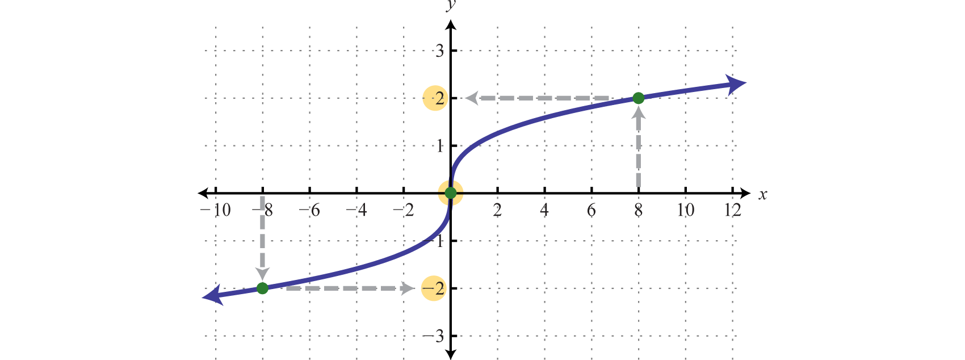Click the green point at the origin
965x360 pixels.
(451, 193)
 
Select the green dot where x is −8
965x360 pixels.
(262, 288)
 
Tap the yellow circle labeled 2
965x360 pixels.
(435, 99)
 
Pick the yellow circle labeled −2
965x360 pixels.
(434, 288)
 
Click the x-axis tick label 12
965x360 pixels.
(732, 211)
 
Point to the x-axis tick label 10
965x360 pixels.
(685, 211)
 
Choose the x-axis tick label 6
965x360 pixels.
(591, 211)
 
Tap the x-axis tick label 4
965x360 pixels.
(544, 211)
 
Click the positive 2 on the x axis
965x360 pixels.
(497, 211)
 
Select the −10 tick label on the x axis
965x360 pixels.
(217, 211)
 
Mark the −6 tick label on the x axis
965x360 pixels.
(309, 211)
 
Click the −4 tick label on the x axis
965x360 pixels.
(356, 211)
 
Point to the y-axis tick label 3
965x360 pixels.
(439, 51)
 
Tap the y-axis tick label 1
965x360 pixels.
(439, 146)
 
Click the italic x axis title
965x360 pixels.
(762, 195)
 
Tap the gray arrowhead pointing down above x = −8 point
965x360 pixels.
(262, 274)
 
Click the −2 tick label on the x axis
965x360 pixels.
(404, 211)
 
